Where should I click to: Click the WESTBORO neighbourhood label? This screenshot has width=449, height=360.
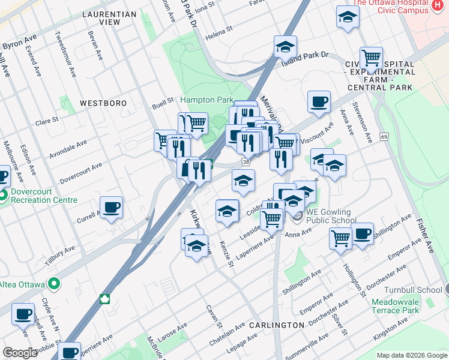103,103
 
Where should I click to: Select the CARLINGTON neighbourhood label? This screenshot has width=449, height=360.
277,325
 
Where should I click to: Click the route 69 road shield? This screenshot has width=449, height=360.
384,137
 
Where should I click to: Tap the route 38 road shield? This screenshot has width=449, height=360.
246,162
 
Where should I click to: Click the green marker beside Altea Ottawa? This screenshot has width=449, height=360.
54,283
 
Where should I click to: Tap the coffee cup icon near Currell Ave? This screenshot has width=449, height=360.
111,208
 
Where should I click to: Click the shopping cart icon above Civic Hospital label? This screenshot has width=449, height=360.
371,58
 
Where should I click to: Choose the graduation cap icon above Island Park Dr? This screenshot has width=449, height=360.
286,46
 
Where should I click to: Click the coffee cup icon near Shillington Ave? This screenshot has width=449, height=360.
362,234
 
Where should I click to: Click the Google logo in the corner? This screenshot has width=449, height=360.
20,353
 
